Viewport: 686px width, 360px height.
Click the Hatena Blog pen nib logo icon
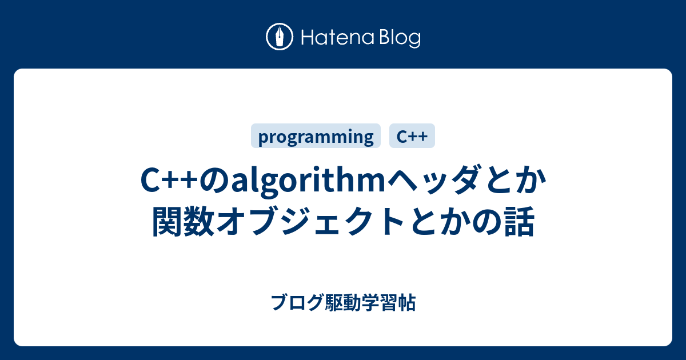(x=280, y=37)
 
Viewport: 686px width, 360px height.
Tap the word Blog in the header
(x=400, y=39)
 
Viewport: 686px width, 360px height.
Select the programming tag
(x=316, y=136)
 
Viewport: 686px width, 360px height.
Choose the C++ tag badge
(x=412, y=136)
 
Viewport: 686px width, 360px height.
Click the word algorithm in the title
(x=308, y=181)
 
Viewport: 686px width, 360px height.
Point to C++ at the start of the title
(x=169, y=181)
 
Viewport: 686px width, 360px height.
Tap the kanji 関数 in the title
(x=183, y=221)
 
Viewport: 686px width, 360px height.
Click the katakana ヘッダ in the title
(x=432, y=180)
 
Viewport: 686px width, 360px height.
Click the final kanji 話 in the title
(x=520, y=221)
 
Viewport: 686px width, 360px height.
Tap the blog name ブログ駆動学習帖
(x=344, y=302)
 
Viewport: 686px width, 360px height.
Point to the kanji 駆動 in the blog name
(x=342, y=302)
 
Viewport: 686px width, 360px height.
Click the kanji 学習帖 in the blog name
(x=388, y=302)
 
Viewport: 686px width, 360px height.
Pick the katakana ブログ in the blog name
(x=298, y=302)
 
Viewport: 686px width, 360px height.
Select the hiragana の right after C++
(x=215, y=181)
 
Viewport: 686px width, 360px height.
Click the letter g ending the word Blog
(x=414, y=41)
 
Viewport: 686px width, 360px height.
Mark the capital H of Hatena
(x=308, y=38)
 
